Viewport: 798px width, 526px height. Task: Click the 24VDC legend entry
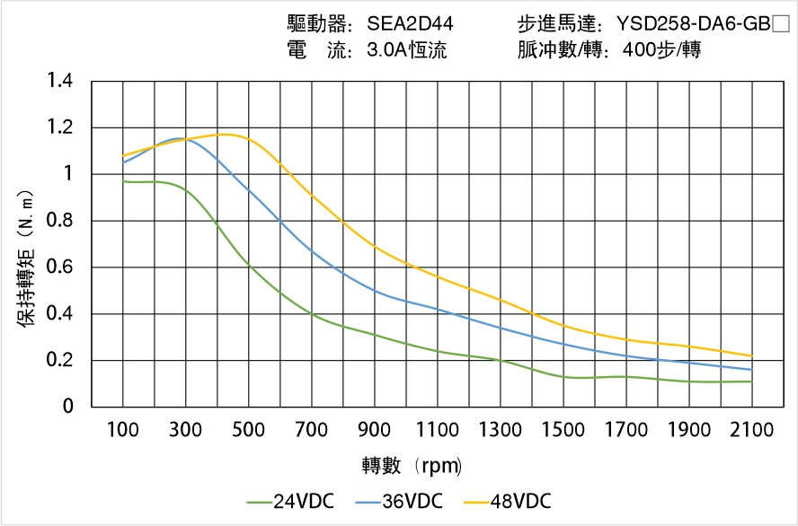coord(291,501)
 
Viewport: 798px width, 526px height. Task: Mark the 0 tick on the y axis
coord(68,408)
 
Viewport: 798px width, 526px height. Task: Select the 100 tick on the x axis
coord(123,430)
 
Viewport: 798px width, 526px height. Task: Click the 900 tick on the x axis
coord(375,430)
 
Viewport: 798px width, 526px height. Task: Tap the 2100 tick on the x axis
coord(751,430)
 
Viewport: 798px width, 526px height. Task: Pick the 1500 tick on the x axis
coord(563,430)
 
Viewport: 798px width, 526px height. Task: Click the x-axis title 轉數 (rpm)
coord(412,466)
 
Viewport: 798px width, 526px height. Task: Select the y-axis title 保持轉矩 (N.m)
coord(27,256)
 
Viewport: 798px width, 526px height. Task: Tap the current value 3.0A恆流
coord(407,51)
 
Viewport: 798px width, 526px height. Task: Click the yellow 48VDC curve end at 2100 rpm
coord(751,356)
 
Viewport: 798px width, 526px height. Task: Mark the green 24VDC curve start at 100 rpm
coord(123,181)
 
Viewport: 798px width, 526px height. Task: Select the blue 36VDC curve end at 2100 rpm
coord(751,370)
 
